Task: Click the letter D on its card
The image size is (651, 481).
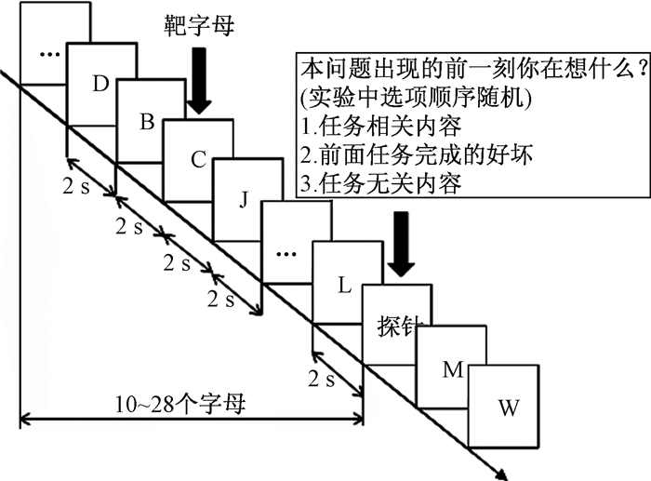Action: point(102,84)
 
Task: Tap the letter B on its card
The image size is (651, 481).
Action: point(147,121)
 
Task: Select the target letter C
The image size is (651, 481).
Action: point(197,159)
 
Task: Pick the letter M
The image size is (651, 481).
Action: point(453,369)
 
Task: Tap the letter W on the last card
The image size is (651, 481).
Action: point(508,408)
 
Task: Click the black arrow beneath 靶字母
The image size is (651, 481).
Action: point(198,79)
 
